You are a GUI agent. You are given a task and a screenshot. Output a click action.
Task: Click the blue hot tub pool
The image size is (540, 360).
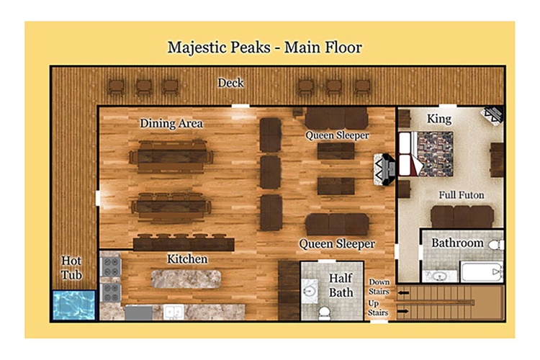click(73, 305)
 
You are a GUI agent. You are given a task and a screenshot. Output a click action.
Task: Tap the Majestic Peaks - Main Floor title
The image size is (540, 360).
click(264, 48)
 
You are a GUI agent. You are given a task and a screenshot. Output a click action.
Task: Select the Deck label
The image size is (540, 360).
click(230, 83)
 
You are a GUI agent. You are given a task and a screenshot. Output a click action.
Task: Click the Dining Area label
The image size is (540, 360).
click(171, 123)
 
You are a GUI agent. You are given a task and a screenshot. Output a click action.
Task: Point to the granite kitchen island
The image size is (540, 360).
click(186, 279)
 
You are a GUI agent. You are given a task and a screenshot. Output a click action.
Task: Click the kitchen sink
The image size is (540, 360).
click(174, 312)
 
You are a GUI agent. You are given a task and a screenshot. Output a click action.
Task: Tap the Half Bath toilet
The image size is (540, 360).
click(324, 312)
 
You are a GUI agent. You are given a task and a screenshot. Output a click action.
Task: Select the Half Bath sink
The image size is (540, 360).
click(310, 291)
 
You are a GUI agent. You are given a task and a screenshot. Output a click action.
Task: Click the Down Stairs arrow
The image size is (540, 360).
click(403, 293)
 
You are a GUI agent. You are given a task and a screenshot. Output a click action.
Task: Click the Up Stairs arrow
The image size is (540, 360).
click(402, 312)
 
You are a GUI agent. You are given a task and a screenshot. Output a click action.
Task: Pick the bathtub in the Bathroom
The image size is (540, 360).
click(482, 272)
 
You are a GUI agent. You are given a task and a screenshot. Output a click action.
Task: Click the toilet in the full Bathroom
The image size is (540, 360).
click(496, 246)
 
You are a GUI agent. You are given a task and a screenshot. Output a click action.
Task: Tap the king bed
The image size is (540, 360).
click(426, 153)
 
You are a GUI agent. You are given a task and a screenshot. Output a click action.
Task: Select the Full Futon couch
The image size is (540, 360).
click(462, 216)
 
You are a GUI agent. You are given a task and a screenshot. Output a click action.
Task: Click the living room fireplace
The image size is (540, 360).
click(384, 169)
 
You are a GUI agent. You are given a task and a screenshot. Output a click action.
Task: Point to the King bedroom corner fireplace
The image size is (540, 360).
click(493, 115)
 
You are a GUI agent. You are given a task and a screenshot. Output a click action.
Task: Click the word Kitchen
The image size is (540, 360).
click(187, 259)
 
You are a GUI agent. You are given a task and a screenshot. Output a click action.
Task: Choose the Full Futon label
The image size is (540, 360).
click(462, 195)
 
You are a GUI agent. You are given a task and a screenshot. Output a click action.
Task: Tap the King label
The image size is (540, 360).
click(439, 119)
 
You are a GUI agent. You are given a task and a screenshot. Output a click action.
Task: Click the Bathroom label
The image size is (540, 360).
click(457, 243)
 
